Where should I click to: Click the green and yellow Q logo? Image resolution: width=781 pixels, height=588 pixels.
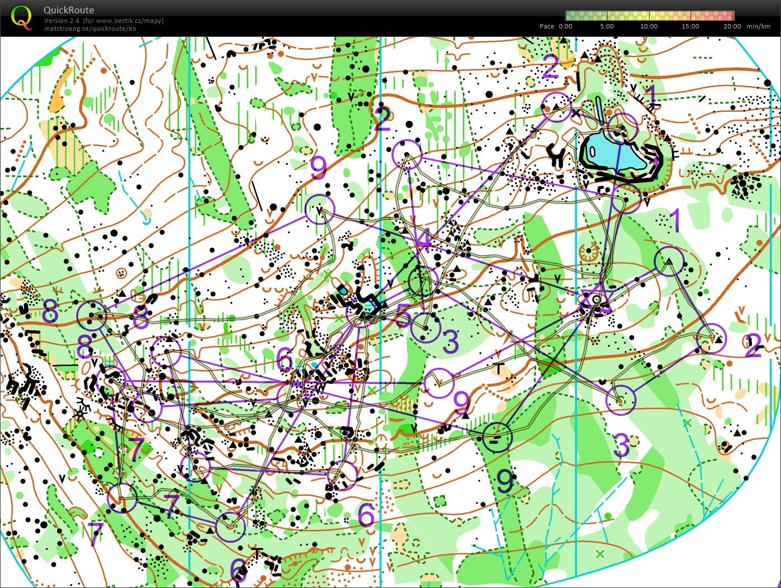click(x=21, y=17)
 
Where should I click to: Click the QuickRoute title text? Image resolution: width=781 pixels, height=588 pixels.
click(x=69, y=10)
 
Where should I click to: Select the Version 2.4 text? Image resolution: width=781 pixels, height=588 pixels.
click(x=63, y=21)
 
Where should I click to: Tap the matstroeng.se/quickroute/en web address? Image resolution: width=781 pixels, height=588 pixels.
click(x=90, y=29)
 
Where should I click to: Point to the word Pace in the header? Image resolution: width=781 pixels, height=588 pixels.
click(x=547, y=26)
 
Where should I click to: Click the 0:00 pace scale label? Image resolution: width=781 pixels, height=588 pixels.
click(x=566, y=26)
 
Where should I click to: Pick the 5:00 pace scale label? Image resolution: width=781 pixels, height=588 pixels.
click(x=607, y=26)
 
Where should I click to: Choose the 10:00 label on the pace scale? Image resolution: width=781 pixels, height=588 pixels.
click(x=649, y=26)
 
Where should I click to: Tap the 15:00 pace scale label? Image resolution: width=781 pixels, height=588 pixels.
click(x=690, y=26)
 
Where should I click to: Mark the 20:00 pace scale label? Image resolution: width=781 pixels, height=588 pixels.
click(x=732, y=26)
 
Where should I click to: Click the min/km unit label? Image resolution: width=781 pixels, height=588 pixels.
click(x=758, y=26)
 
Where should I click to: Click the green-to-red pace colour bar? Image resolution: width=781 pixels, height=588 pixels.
click(x=649, y=16)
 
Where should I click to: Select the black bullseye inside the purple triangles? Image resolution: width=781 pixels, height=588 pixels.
click(x=597, y=300)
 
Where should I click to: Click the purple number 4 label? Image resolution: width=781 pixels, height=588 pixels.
click(x=424, y=239)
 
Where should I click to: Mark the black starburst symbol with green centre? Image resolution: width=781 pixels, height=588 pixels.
click(x=81, y=414)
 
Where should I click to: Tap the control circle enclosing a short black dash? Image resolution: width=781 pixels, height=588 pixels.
click(x=497, y=438)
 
